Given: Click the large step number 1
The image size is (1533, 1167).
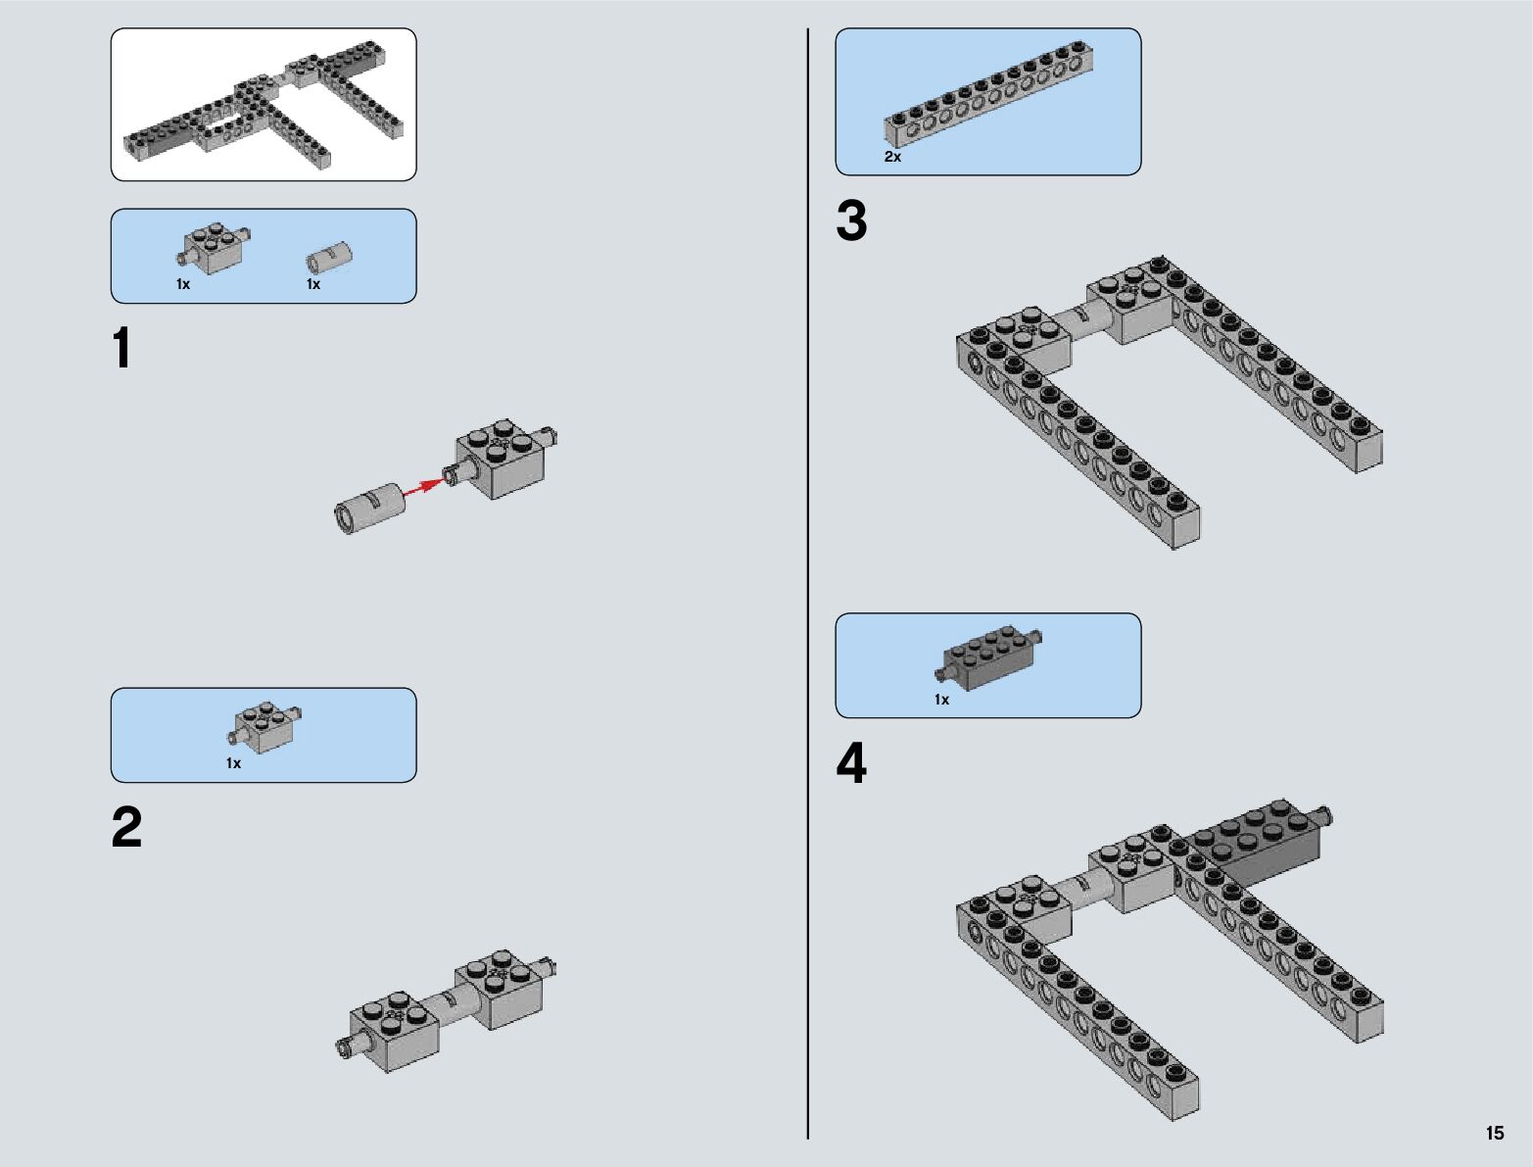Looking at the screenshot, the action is click(121, 348).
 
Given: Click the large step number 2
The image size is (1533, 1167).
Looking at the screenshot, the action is click(126, 827).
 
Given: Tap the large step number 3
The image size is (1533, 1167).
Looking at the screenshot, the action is click(851, 220).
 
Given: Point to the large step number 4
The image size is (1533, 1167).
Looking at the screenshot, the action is click(851, 763).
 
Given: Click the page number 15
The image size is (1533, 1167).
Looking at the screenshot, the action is click(1495, 1134).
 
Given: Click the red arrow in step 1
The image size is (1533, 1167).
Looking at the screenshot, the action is click(425, 487).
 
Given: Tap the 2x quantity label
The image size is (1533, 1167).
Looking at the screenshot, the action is click(892, 157).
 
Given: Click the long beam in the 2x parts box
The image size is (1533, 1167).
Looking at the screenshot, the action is click(989, 93).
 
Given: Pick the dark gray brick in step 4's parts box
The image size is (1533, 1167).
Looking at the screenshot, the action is click(988, 656).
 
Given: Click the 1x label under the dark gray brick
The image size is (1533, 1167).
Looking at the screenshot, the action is click(941, 700).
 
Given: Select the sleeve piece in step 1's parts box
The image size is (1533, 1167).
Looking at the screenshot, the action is click(329, 258).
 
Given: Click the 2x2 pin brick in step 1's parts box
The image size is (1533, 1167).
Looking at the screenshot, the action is click(213, 248).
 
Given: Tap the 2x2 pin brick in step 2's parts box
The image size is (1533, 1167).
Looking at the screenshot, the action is click(264, 728).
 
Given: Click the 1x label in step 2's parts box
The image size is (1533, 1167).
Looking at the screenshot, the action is click(233, 764).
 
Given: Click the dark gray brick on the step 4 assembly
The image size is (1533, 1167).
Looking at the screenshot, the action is click(1257, 838).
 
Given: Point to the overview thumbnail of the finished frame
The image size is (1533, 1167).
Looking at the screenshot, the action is click(263, 105).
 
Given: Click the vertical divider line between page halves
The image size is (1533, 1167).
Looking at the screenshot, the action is click(808, 583).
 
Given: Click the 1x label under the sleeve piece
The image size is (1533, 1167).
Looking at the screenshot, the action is click(313, 284).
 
